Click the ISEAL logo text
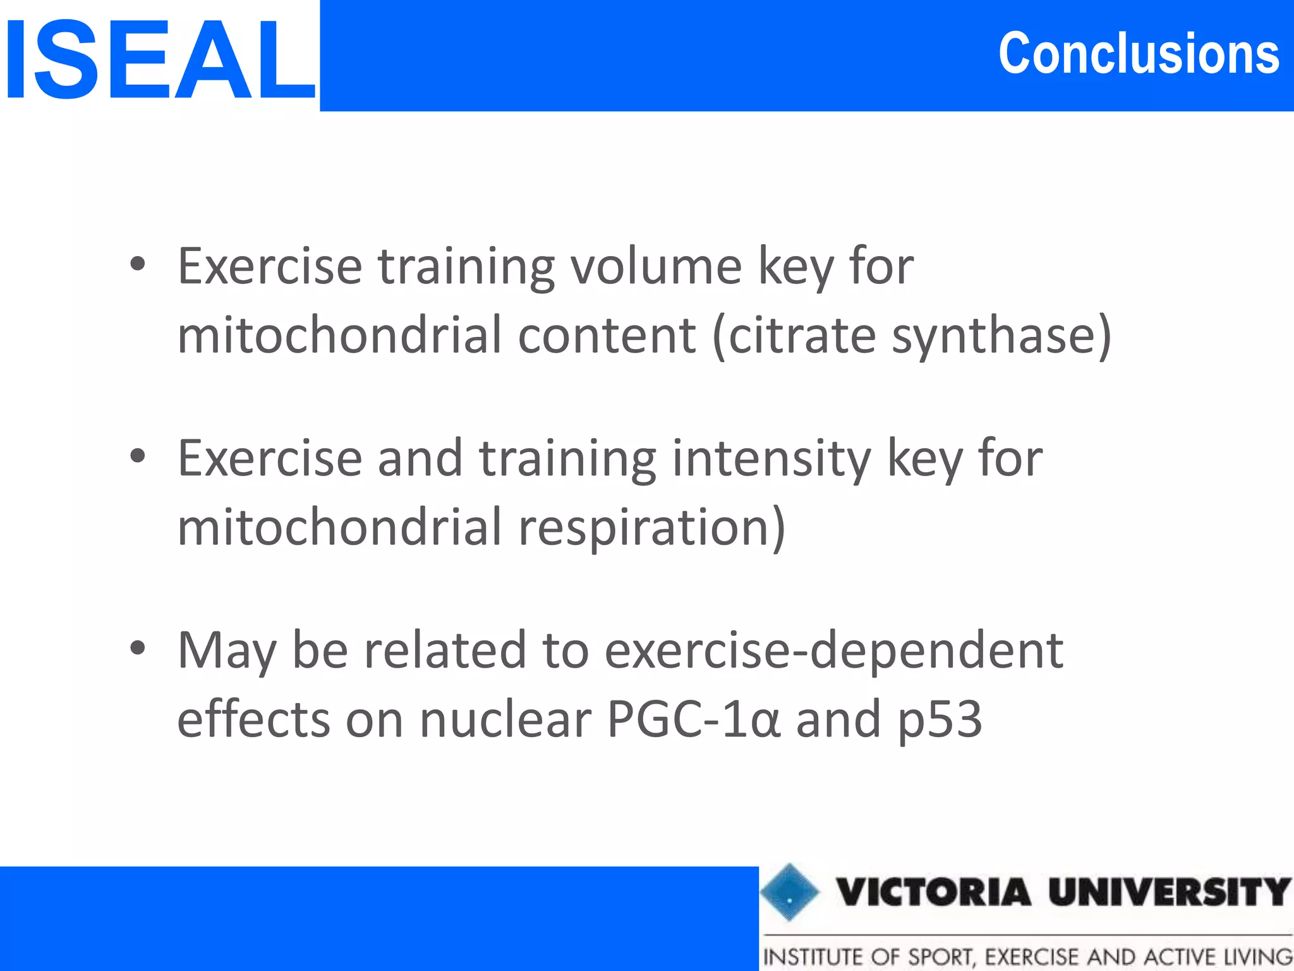[x=159, y=60]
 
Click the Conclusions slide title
[x=1139, y=54]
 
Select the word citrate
[x=802, y=335]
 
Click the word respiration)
[x=651, y=528]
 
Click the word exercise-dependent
[x=833, y=650]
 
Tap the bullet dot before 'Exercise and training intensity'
[x=138, y=456]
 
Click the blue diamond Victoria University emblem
[x=789, y=892]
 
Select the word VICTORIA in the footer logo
[x=934, y=892]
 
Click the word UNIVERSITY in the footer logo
[x=1169, y=892]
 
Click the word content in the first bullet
[x=607, y=335]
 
